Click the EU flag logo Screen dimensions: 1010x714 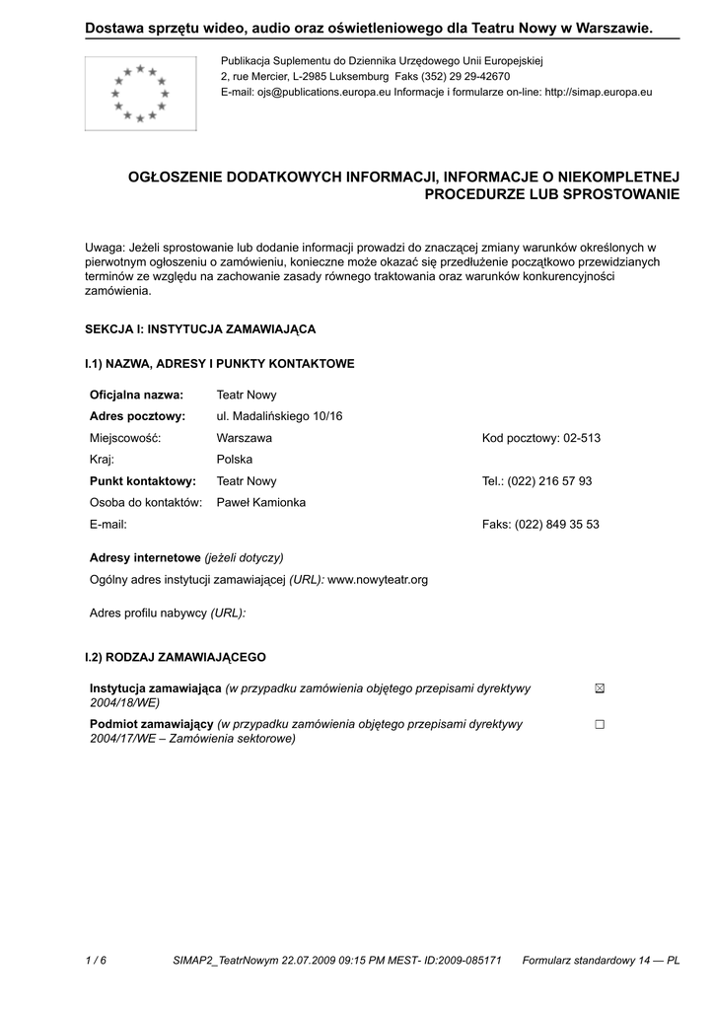140,94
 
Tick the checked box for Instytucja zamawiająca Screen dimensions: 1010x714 600,688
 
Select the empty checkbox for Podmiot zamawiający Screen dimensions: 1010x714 600,724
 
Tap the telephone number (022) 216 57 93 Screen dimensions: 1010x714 549,481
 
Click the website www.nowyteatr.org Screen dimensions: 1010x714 378,580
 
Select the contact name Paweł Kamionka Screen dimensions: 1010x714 261,503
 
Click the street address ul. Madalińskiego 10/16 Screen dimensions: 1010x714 279,416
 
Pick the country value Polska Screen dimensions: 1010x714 235,460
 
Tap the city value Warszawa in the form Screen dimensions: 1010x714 245,438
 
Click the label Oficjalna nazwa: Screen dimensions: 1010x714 136,395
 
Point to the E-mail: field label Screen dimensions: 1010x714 108,525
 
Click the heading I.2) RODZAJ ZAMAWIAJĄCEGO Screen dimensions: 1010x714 176,657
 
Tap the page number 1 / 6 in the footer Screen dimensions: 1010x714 96,960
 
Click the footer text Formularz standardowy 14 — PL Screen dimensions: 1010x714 601,960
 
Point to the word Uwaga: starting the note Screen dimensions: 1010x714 105,247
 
